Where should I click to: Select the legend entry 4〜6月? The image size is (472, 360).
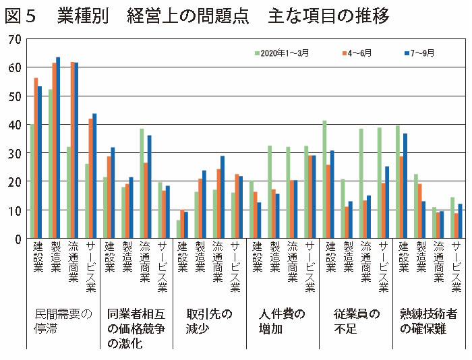click(x=358, y=53)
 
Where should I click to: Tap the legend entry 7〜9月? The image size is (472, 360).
click(x=426, y=53)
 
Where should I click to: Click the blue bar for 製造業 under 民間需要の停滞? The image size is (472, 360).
click(x=58, y=148)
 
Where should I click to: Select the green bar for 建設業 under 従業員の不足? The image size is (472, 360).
click(x=324, y=179)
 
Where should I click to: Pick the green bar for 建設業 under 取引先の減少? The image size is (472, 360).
click(x=178, y=229)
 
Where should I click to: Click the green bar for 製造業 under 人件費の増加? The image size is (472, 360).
click(x=270, y=192)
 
